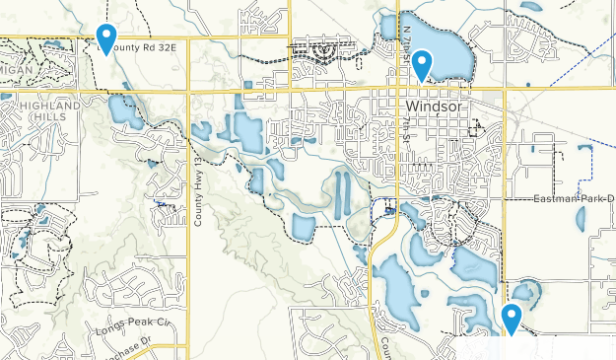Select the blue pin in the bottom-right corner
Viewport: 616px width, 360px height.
point(511,319)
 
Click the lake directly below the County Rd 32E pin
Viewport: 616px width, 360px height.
point(123,110)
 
